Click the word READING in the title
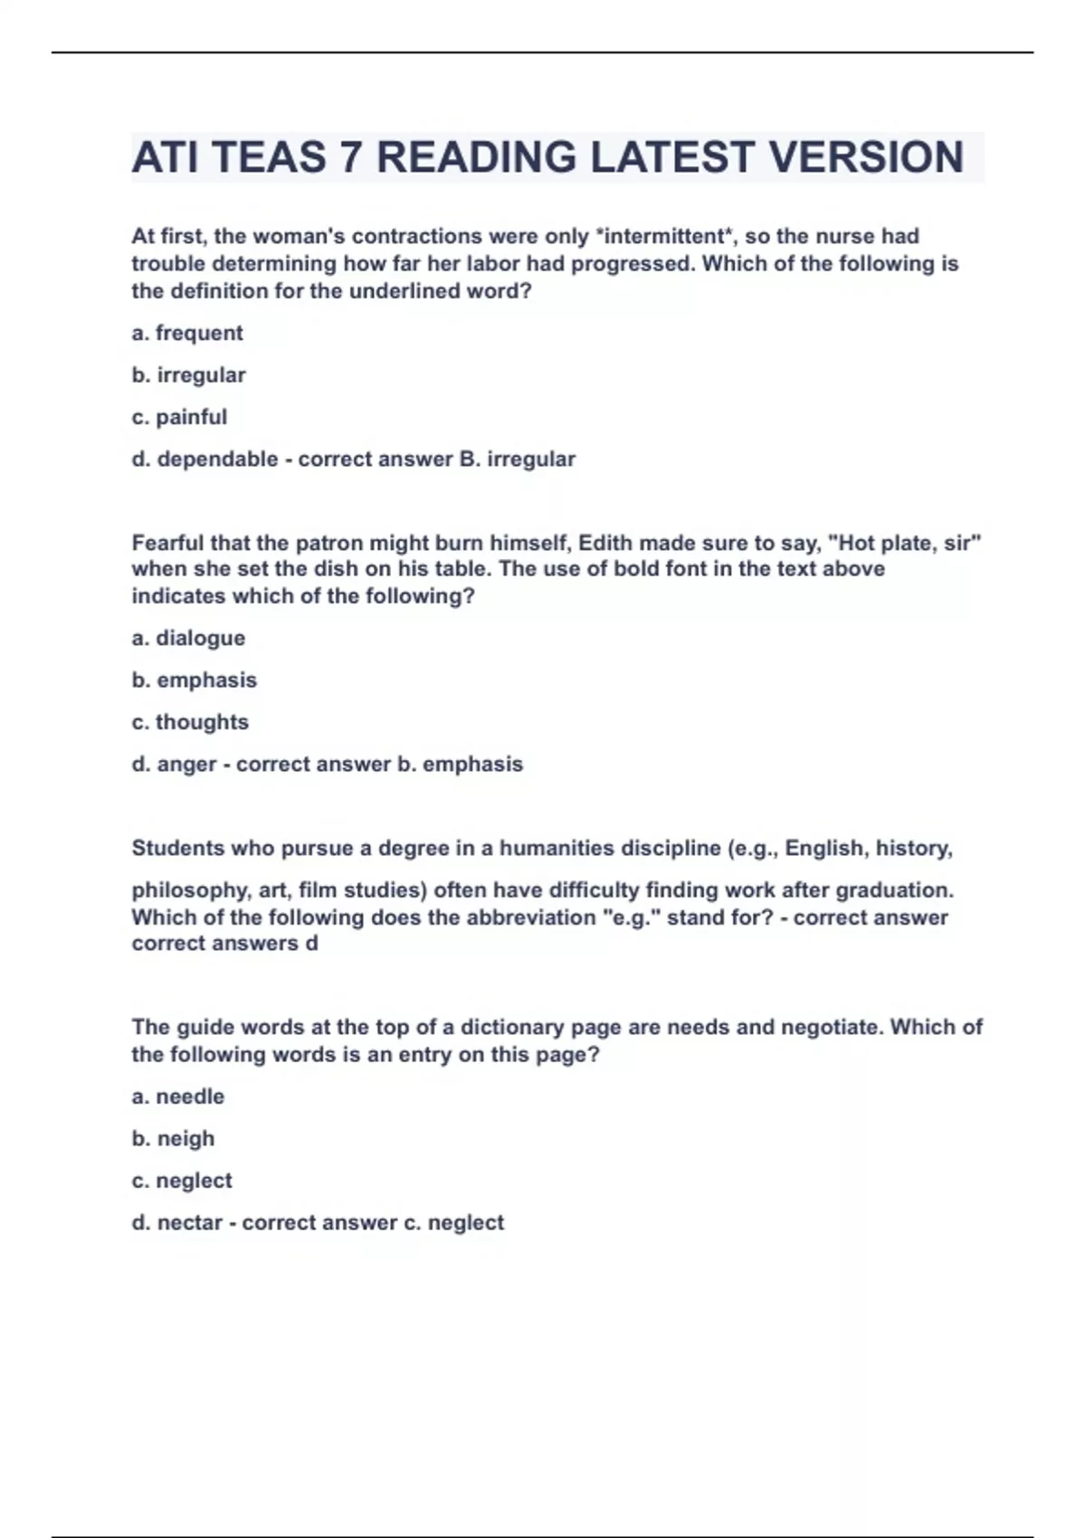476,157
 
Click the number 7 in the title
349,157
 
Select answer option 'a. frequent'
187,333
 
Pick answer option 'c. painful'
179,417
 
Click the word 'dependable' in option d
217,459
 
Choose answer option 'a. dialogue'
188,638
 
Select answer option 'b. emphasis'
195,680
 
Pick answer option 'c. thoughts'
190,722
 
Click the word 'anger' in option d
186,764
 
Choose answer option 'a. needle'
178,1097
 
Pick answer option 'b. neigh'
173,1138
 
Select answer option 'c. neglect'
182,1181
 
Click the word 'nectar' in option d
189,1223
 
